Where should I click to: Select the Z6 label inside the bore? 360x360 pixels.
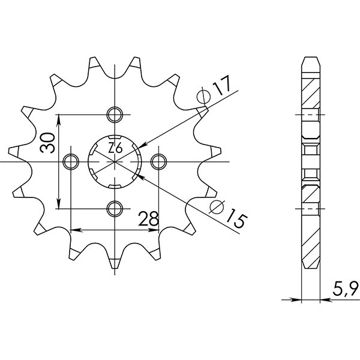[x=115, y=148]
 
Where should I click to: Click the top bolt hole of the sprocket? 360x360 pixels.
[x=114, y=114]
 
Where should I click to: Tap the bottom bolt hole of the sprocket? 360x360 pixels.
[x=114, y=208]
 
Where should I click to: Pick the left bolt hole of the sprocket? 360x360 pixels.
[x=71, y=161]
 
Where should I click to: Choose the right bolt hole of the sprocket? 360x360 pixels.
[x=158, y=161]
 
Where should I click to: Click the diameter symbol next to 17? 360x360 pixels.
[x=203, y=95]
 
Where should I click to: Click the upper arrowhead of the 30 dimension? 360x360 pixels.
[x=59, y=120]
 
